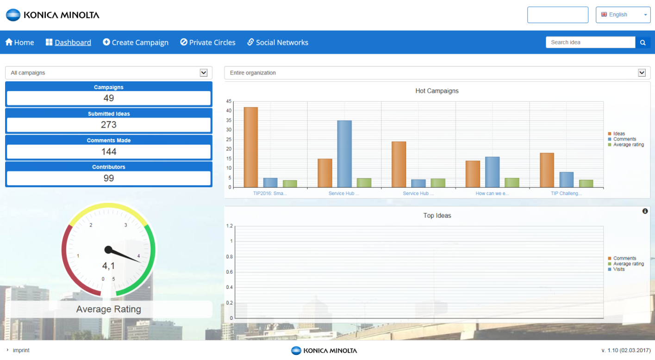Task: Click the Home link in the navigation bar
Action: click(19, 43)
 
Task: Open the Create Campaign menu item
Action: click(136, 43)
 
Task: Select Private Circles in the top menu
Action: click(208, 43)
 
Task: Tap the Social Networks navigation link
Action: click(278, 43)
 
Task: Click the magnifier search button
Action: click(643, 43)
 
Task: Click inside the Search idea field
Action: click(590, 42)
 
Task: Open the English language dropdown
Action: click(623, 15)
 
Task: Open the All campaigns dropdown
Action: click(109, 73)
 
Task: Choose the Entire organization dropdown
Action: click(437, 73)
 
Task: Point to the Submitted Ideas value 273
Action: click(109, 125)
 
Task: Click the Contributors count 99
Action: click(109, 178)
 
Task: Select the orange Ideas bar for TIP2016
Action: click(251, 147)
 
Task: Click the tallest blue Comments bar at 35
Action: click(344, 154)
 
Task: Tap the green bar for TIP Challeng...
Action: click(586, 184)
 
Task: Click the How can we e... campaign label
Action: click(492, 193)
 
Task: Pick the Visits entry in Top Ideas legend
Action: click(619, 269)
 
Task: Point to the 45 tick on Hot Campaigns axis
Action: click(229, 101)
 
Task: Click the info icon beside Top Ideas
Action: click(645, 211)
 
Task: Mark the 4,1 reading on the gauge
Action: click(108, 266)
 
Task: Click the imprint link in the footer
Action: click(21, 350)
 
